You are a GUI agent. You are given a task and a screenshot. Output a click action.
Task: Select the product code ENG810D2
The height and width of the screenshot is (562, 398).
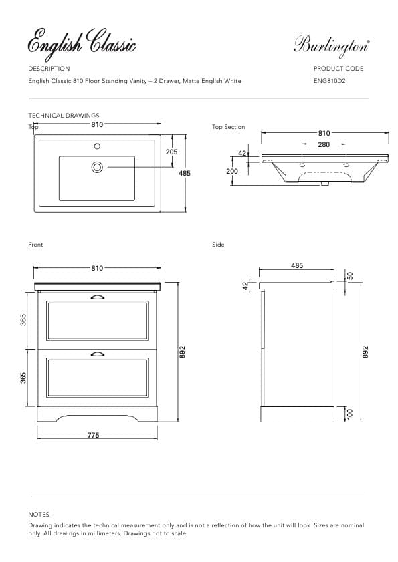click(329, 81)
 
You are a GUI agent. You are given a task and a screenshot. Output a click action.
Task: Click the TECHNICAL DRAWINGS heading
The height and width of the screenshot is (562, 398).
click(64, 116)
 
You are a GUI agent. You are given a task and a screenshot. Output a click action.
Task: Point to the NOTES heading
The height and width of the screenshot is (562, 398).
click(39, 515)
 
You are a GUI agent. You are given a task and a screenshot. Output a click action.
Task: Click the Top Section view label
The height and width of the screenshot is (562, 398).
click(229, 127)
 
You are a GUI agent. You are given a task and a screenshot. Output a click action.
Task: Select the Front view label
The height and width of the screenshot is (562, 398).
click(35, 245)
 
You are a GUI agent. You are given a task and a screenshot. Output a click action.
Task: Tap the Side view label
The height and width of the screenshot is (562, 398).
click(218, 245)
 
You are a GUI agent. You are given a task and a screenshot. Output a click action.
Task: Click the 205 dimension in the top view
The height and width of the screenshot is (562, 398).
click(171, 152)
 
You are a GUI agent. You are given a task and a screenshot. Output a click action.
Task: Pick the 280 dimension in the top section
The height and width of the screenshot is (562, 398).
click(324, 144)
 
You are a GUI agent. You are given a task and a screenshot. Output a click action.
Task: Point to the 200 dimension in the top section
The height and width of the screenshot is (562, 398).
click(232, 172)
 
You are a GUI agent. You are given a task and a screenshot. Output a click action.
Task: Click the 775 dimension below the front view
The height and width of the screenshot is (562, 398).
click(94, 435)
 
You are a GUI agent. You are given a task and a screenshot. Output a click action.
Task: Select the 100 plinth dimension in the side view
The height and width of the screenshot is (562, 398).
click(349, 414)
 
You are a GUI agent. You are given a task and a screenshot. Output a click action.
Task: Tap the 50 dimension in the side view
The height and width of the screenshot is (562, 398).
click(349, 276)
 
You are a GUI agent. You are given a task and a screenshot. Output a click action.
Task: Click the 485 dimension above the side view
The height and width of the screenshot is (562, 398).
click(297, 265)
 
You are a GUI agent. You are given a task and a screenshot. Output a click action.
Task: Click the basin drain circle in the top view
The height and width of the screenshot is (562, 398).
click(97, 166)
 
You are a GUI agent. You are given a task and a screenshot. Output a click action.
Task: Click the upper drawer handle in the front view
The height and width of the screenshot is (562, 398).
click(97, 297)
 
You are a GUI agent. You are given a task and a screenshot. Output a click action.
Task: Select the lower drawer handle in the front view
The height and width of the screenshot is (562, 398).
click(97, 354)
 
